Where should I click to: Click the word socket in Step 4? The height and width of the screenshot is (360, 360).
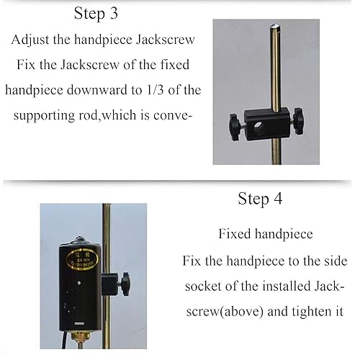[x=215, y=286]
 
